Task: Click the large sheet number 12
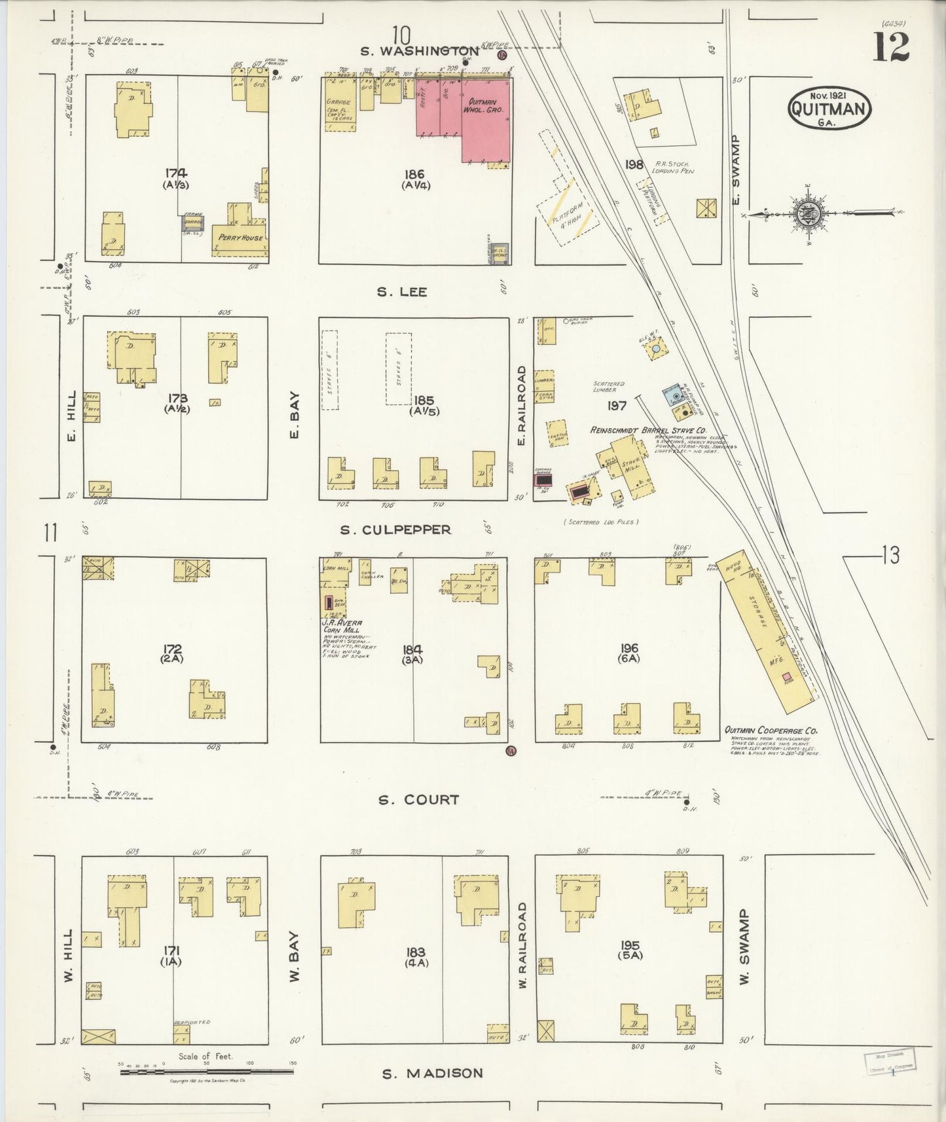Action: point(890,46)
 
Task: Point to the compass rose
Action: point(804,213)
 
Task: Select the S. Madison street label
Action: point(433,1073)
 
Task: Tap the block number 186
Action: point(414,174)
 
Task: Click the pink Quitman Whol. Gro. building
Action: point(486,118)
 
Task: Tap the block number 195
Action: point(629,945)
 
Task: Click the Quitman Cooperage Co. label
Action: point(771,731)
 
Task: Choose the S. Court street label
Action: point(418,799)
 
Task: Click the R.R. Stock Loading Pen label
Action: point(672,167)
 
